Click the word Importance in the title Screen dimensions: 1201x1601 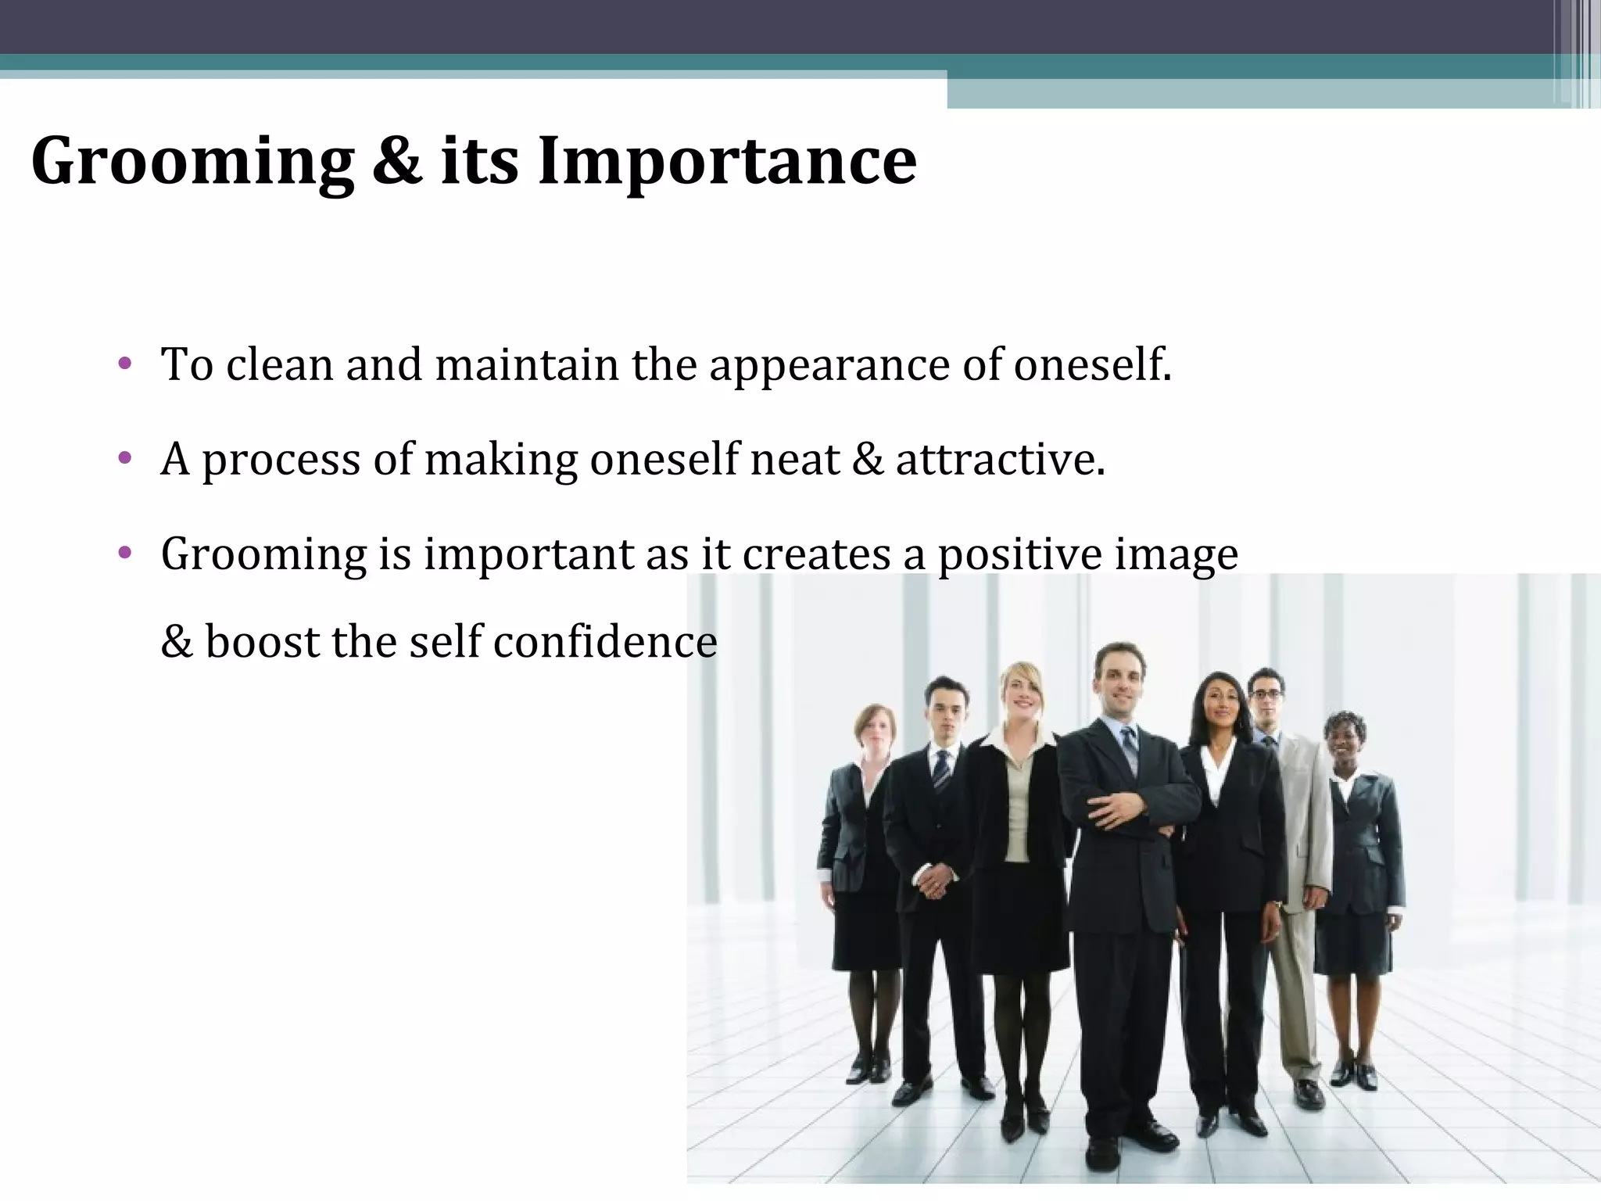pyautogui.click(x=727, y=161)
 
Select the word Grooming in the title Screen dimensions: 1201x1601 pyautogui.click(x=192, y=161)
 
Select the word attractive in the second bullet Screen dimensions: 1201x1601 pyautogui.click(x=1000, y=459)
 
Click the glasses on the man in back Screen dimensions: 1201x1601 pyautogui.click(x=1266, y=694)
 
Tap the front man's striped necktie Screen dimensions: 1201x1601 pyautogui.click(x=1129, y=748)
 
